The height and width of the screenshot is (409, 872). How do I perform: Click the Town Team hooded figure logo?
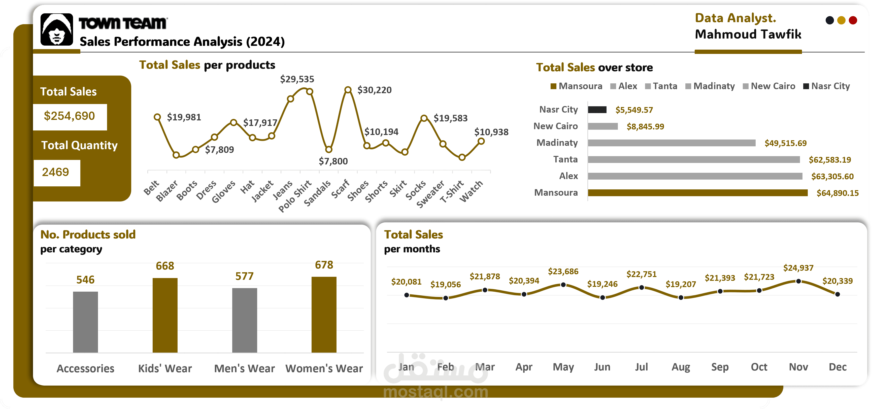tap(56, 29)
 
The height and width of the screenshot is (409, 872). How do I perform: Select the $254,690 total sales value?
tap(70, 116)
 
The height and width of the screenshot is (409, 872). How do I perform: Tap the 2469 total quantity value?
tap(55, 172)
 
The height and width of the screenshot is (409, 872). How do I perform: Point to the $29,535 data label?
tap(297, 79)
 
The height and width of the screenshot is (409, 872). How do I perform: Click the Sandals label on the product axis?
tap(317, 193)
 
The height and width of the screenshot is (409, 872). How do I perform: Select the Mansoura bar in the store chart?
tap(697, 193)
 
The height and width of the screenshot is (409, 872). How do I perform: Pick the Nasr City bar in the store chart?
tap(597, 110)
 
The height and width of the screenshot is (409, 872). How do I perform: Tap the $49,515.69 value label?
tap(785, 143)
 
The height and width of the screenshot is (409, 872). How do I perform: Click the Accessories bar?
tap(85, 322)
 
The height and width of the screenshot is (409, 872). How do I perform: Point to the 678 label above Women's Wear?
tap(324, 265)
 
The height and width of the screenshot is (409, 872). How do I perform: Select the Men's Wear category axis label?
tap(244, 368)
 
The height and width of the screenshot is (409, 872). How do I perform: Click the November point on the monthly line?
tap(798, 281)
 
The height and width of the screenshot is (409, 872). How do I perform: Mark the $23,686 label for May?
tap(563, 271)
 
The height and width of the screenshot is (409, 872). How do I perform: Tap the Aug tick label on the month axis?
tap(681, 367)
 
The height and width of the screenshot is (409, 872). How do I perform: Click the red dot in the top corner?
tap(853, 21)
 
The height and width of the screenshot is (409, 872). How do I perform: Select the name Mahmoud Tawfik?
tap(748, 35)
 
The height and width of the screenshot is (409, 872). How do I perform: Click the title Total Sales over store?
tap(594, 67)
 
